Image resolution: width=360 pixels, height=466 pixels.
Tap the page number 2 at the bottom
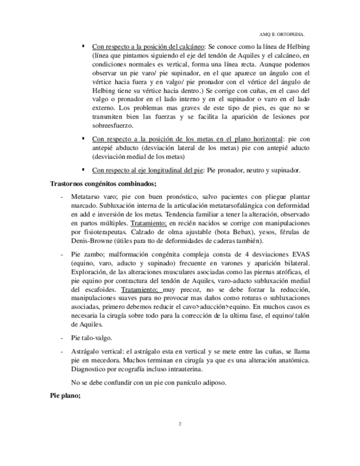click(180, 424)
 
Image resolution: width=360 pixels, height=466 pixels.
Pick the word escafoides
click(100, 289)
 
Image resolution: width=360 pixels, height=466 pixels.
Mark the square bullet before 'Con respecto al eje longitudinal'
click(84, 170)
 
